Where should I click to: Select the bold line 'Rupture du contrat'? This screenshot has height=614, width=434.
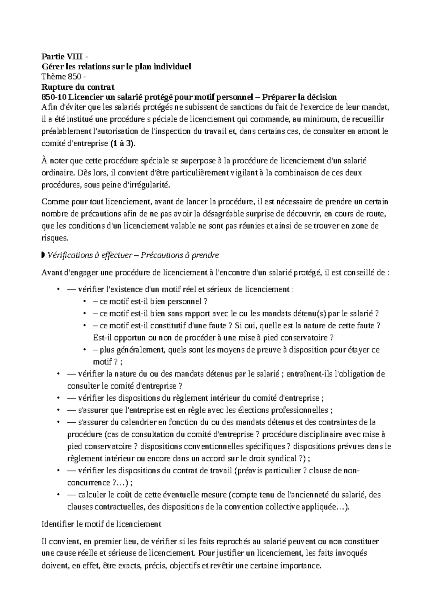pos(78,87)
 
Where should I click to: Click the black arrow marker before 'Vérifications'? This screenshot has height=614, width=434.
pos(44,255)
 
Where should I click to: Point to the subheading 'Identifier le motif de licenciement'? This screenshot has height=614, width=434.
pos(102,524)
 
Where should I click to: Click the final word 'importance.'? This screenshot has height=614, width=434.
pos(303,566)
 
